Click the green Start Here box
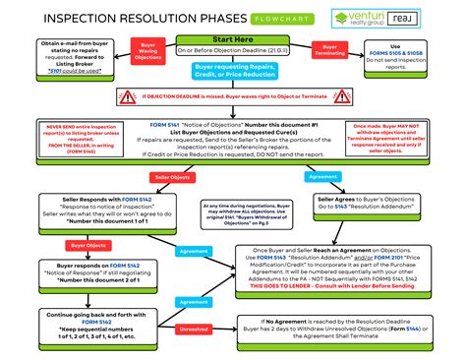coord(232,39)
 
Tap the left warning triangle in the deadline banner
coord(127,96)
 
